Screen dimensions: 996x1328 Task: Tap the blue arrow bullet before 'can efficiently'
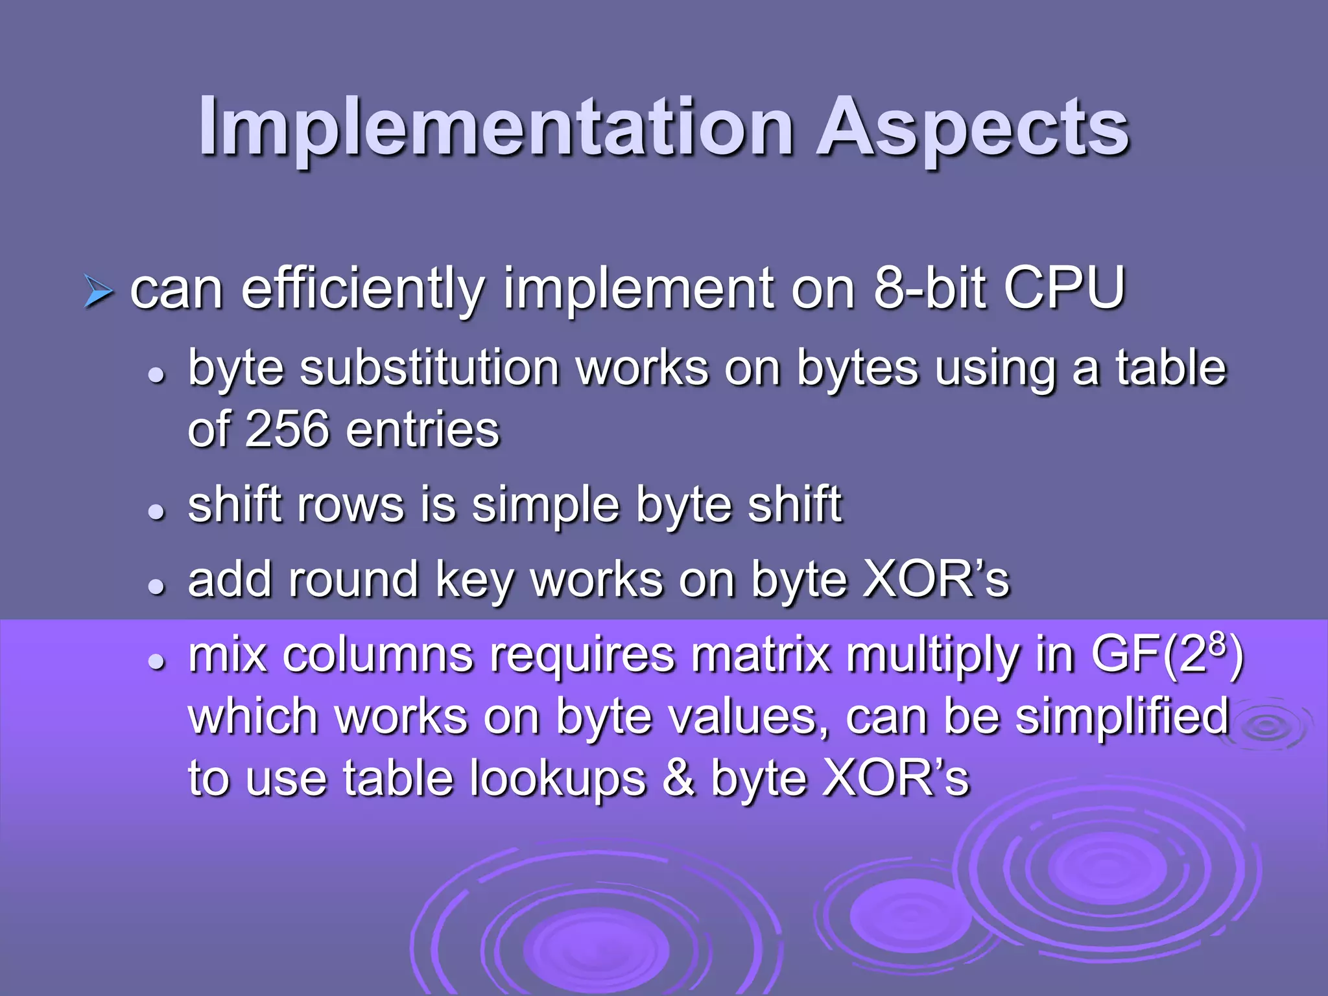(99, 292)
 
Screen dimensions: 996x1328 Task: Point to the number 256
(286, 429)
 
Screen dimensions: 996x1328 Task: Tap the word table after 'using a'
(1170, 368)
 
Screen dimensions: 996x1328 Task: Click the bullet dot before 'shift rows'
(156, 512)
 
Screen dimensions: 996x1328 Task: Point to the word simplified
(1122, 717)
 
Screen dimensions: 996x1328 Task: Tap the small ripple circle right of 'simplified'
(1268, 726)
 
